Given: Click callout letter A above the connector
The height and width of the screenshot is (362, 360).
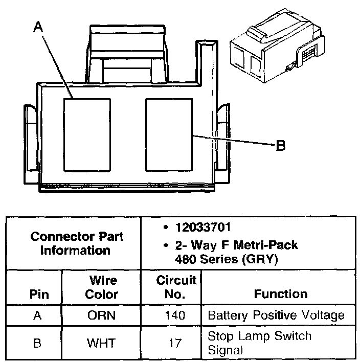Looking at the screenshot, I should [x=38, y=28].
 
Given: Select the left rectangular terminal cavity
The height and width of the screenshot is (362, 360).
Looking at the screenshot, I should [x=87, y=134].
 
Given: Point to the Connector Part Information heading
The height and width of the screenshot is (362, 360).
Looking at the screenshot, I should [x=76, y=243].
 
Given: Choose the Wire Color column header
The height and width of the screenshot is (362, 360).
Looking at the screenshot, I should [x=101, y=287].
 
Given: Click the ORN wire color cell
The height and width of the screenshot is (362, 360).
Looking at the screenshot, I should [x=101, y=315].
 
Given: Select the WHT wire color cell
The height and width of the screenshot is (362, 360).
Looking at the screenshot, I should [x=101, y=342].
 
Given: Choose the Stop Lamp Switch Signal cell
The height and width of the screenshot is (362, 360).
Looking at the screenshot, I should [x=259, y=343].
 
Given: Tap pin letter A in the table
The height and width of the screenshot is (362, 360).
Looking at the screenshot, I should [x=37, y=315].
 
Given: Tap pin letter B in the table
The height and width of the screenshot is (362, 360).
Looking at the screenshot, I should [x=37, y=342].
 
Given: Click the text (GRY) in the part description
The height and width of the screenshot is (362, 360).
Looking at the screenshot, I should [x=260, y=259].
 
